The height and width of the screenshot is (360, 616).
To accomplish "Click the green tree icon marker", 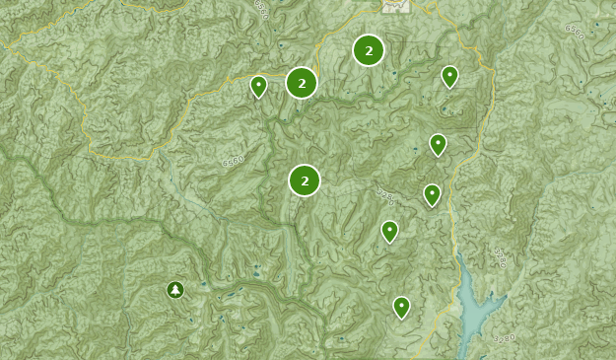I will coord(175,289).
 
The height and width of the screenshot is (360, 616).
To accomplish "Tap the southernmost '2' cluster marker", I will coord(305,180).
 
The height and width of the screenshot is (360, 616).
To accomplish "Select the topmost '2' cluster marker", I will coord(369,50).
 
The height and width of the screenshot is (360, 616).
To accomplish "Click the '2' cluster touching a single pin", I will coord(302,83).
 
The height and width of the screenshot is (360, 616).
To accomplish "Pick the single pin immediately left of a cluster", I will coord(258,86).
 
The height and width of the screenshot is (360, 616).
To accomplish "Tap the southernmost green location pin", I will coord(401,307).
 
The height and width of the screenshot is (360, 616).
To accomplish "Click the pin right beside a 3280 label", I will coord(432,193).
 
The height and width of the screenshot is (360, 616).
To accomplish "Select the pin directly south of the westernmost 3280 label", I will coord(389,231).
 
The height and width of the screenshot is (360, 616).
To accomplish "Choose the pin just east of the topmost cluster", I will coord(449,76).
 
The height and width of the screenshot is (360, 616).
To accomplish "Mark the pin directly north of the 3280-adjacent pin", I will coord(438,144).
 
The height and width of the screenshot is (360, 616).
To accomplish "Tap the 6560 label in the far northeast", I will coord(575,32).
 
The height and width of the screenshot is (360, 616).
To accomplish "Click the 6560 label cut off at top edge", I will coord(260,9).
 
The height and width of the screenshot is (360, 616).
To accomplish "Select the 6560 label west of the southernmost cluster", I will coord(233,161).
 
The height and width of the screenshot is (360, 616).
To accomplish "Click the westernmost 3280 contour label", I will coord(384,197).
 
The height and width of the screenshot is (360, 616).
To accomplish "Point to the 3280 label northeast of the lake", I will coord(500,258).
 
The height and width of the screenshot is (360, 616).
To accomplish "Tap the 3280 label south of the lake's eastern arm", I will coord(503,339).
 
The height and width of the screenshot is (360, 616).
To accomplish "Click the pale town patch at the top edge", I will coord(395,6).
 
